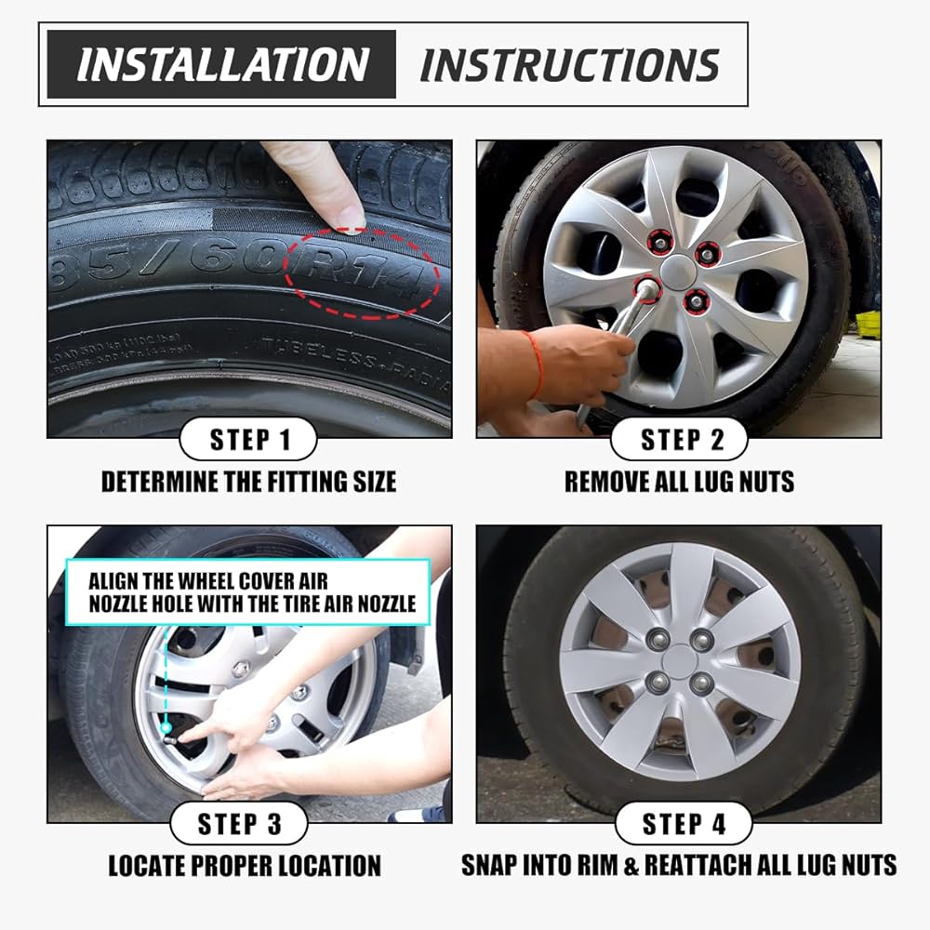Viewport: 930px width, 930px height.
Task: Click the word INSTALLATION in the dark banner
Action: click(223, 64)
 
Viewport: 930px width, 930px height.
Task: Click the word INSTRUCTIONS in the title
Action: click(569, 64)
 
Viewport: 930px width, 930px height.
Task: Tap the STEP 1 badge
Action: click(248, 440)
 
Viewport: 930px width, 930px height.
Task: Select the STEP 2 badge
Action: click(680, 440)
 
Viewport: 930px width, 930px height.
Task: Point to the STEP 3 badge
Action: click(238, 824)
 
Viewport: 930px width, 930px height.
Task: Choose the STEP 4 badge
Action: click(684, 824)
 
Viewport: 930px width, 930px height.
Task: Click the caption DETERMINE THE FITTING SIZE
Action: click(248, 482)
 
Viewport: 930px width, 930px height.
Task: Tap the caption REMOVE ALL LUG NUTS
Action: click(679, 482)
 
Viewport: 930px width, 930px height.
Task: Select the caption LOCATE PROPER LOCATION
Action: click(245, 866)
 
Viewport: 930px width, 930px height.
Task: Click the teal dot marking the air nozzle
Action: click(166, 726)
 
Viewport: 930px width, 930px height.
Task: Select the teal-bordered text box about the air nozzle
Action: click(248, 591)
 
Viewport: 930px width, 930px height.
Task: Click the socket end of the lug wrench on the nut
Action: click(646, 289)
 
